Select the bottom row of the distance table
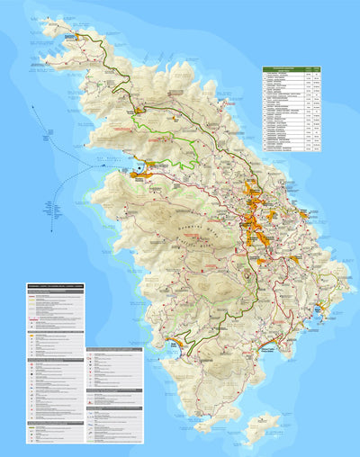(x=292, y=148)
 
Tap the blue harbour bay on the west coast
(x=138, y=170)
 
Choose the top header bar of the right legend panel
(x=113, y=349)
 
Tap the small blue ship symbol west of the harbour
(x=105, y=165)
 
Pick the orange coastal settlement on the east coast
(x=303, y=215)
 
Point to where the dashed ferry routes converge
(x=90, y=164)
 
